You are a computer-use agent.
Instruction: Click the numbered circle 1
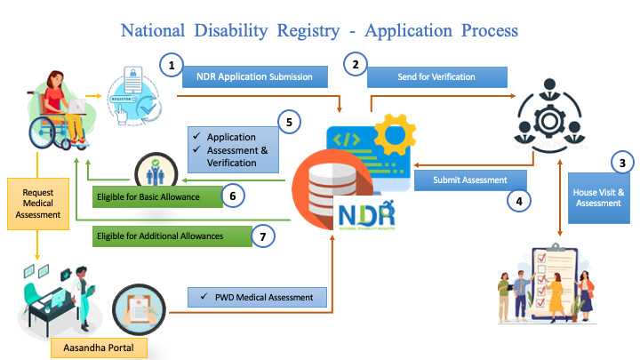click(171, 64)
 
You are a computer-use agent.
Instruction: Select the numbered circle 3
click(624, 163)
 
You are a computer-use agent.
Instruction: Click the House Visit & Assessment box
click(601, 196)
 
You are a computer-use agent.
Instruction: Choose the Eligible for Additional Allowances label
click(159, 236)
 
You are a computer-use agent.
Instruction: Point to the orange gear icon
click(395, 134)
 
